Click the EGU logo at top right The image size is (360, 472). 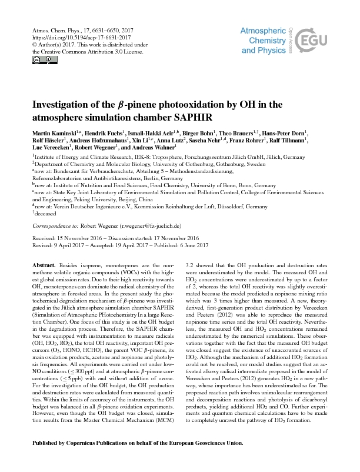click(315, 41)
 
